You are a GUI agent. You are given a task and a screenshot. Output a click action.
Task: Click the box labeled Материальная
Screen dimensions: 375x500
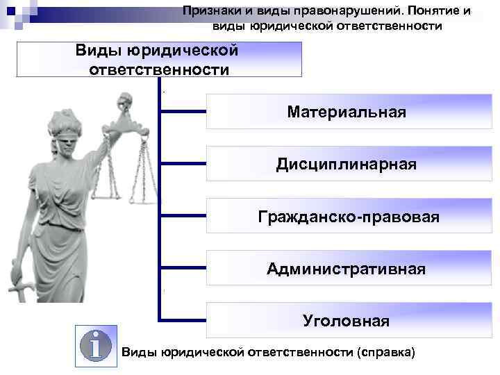click(x=346, y=112)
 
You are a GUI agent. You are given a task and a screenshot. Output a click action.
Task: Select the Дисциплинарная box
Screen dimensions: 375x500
click(x=346, y=165)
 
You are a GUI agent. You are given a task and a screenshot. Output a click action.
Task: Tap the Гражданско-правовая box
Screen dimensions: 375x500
click(x=346, y=217)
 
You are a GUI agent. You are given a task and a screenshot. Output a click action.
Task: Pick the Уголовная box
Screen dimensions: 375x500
click(x=346, y=321)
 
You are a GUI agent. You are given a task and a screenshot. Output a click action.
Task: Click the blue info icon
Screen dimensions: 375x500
click(x=97, y=344)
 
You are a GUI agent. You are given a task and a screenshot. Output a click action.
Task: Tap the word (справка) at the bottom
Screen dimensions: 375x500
click(x=385, y=353)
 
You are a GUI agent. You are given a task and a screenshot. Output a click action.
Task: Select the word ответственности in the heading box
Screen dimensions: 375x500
click(x=159, y=69)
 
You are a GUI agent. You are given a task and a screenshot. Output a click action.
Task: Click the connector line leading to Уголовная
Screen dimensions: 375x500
click(x=183, y=320)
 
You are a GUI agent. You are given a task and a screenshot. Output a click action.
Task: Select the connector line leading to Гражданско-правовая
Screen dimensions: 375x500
click(x=183, y=216)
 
